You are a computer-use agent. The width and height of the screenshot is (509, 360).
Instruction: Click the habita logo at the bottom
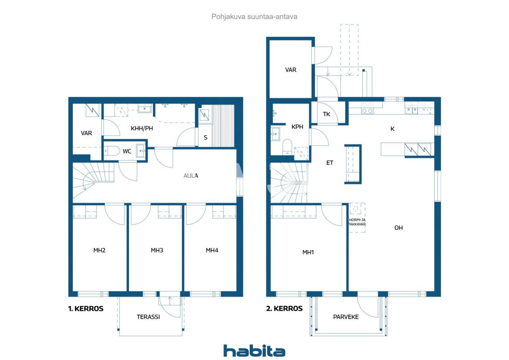click(254, 351)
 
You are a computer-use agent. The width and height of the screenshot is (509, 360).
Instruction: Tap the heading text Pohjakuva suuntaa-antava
click(254, 17)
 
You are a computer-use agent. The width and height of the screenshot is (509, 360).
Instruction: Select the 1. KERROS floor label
click(85, 308)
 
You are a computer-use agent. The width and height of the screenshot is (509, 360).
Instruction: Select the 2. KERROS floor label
click(284, 308)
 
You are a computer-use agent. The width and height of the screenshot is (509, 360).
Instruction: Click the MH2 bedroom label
click(99, 250)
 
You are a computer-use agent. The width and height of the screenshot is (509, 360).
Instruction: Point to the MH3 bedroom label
click(157, 250)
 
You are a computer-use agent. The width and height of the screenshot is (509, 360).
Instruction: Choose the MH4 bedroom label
click(212, 250)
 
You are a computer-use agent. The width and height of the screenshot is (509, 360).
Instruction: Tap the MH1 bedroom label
click(308, 252)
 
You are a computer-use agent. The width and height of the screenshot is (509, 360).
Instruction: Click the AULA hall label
click(191, 175)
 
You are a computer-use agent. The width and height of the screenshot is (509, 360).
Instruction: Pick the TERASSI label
click(148, 317)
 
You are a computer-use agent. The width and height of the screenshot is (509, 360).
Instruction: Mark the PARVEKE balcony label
click(346, 317)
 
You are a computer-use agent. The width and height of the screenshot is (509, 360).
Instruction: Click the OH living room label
click(398, 228)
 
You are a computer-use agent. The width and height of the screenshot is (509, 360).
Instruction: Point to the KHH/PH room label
click(142, 128)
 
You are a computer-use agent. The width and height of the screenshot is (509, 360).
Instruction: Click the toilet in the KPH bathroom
click(287, 147)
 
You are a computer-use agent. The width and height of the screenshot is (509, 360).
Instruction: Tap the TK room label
click(326, 114)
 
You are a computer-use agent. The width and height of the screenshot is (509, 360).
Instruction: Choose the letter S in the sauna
click(206, 138)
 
